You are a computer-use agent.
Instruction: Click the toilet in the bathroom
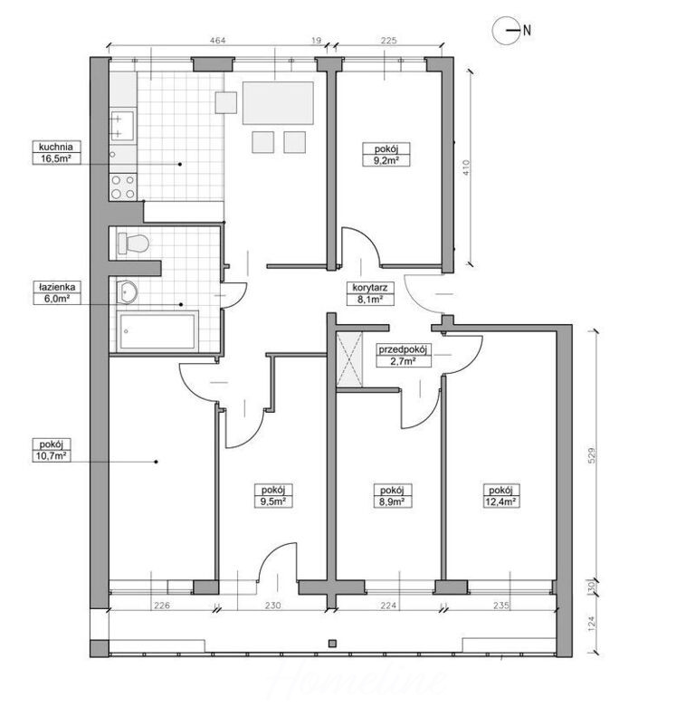[133, 243]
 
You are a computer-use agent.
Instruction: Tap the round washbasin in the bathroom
[127, 291]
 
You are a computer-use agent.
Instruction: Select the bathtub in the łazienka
[157, 331]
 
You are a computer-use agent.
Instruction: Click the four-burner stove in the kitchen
[123, 186]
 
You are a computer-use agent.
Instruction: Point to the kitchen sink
[122, 126]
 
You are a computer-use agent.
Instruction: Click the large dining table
[278, 103]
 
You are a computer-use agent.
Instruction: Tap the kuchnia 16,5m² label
[56, 152]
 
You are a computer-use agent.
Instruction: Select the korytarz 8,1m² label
[370, 293]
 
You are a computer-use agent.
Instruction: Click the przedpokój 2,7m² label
[404, 356]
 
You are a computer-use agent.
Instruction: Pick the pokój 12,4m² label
[501, 496]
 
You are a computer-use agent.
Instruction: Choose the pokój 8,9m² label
[392, 496]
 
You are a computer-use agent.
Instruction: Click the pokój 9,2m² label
[386, 154]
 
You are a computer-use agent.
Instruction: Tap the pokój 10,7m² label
[52, 450]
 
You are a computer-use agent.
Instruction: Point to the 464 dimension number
[217, 40]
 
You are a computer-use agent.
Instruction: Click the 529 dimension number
[591, 455]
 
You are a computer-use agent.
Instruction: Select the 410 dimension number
[465, 168]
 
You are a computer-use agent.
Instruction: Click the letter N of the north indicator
[527, 31]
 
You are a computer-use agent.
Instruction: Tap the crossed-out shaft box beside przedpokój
[349, 360]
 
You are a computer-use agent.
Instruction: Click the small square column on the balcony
[332, 644]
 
